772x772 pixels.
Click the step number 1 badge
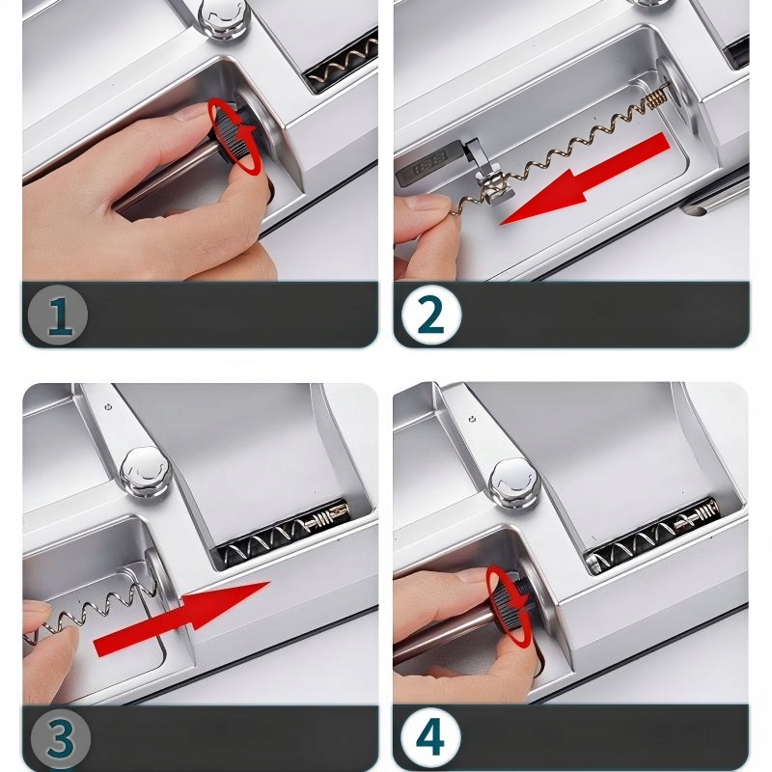click(x=58, y=316)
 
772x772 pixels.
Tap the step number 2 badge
click(x=431, y=316)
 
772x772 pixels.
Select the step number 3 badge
click(x=61, y=739)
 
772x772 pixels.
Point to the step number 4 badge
click(x=430, y=737)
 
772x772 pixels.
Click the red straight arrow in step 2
click(x=585, y=179)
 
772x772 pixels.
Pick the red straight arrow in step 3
click(x=182, y=619)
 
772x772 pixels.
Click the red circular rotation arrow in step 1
click(x=234, y=135)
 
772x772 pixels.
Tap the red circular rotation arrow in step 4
click(x=510, y=605)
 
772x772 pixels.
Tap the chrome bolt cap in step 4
click(x=515, y=484)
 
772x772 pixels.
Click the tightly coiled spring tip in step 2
click(x=657, y=97)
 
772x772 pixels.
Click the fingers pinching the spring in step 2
click(x=423, y=233)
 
